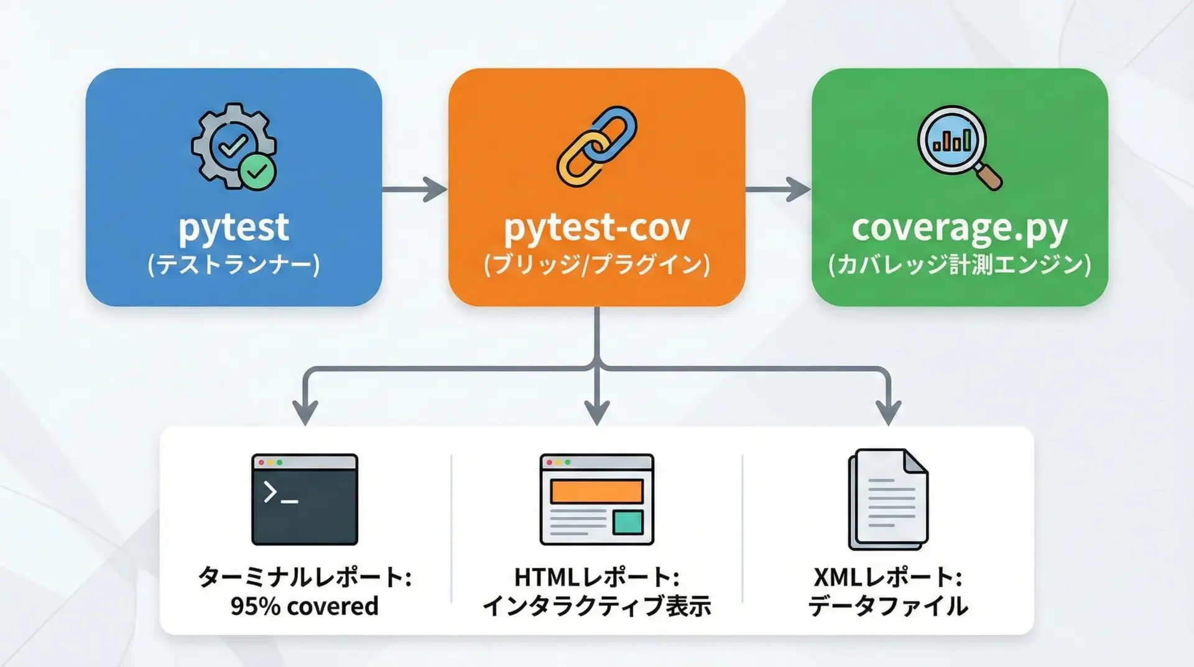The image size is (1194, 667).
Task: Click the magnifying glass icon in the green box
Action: click(958, 146)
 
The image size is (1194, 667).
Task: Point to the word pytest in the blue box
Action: click(234, 228)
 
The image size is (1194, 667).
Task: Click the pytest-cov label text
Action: click(596, 228)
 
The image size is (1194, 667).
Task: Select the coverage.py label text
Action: click(959, 228)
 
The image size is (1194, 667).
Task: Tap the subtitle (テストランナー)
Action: click(234, 265)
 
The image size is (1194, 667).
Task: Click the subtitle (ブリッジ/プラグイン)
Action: click(596, 265)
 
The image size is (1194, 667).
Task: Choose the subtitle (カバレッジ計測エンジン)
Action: click(959, 265)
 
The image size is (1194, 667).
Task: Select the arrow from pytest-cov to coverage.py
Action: click(778, 189)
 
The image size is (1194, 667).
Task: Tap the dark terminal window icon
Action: click(305, 500)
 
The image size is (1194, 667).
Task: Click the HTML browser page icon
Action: click(596, 500)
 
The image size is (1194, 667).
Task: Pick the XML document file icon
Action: click(888, 500)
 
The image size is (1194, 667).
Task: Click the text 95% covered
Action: click(304, 606)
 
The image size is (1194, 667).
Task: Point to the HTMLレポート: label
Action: click(596, 577)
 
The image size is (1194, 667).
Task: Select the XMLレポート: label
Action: click(888, 577)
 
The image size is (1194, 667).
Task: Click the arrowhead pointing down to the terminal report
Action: click(305, 412)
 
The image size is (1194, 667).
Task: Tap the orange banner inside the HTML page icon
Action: click(596, 492)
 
